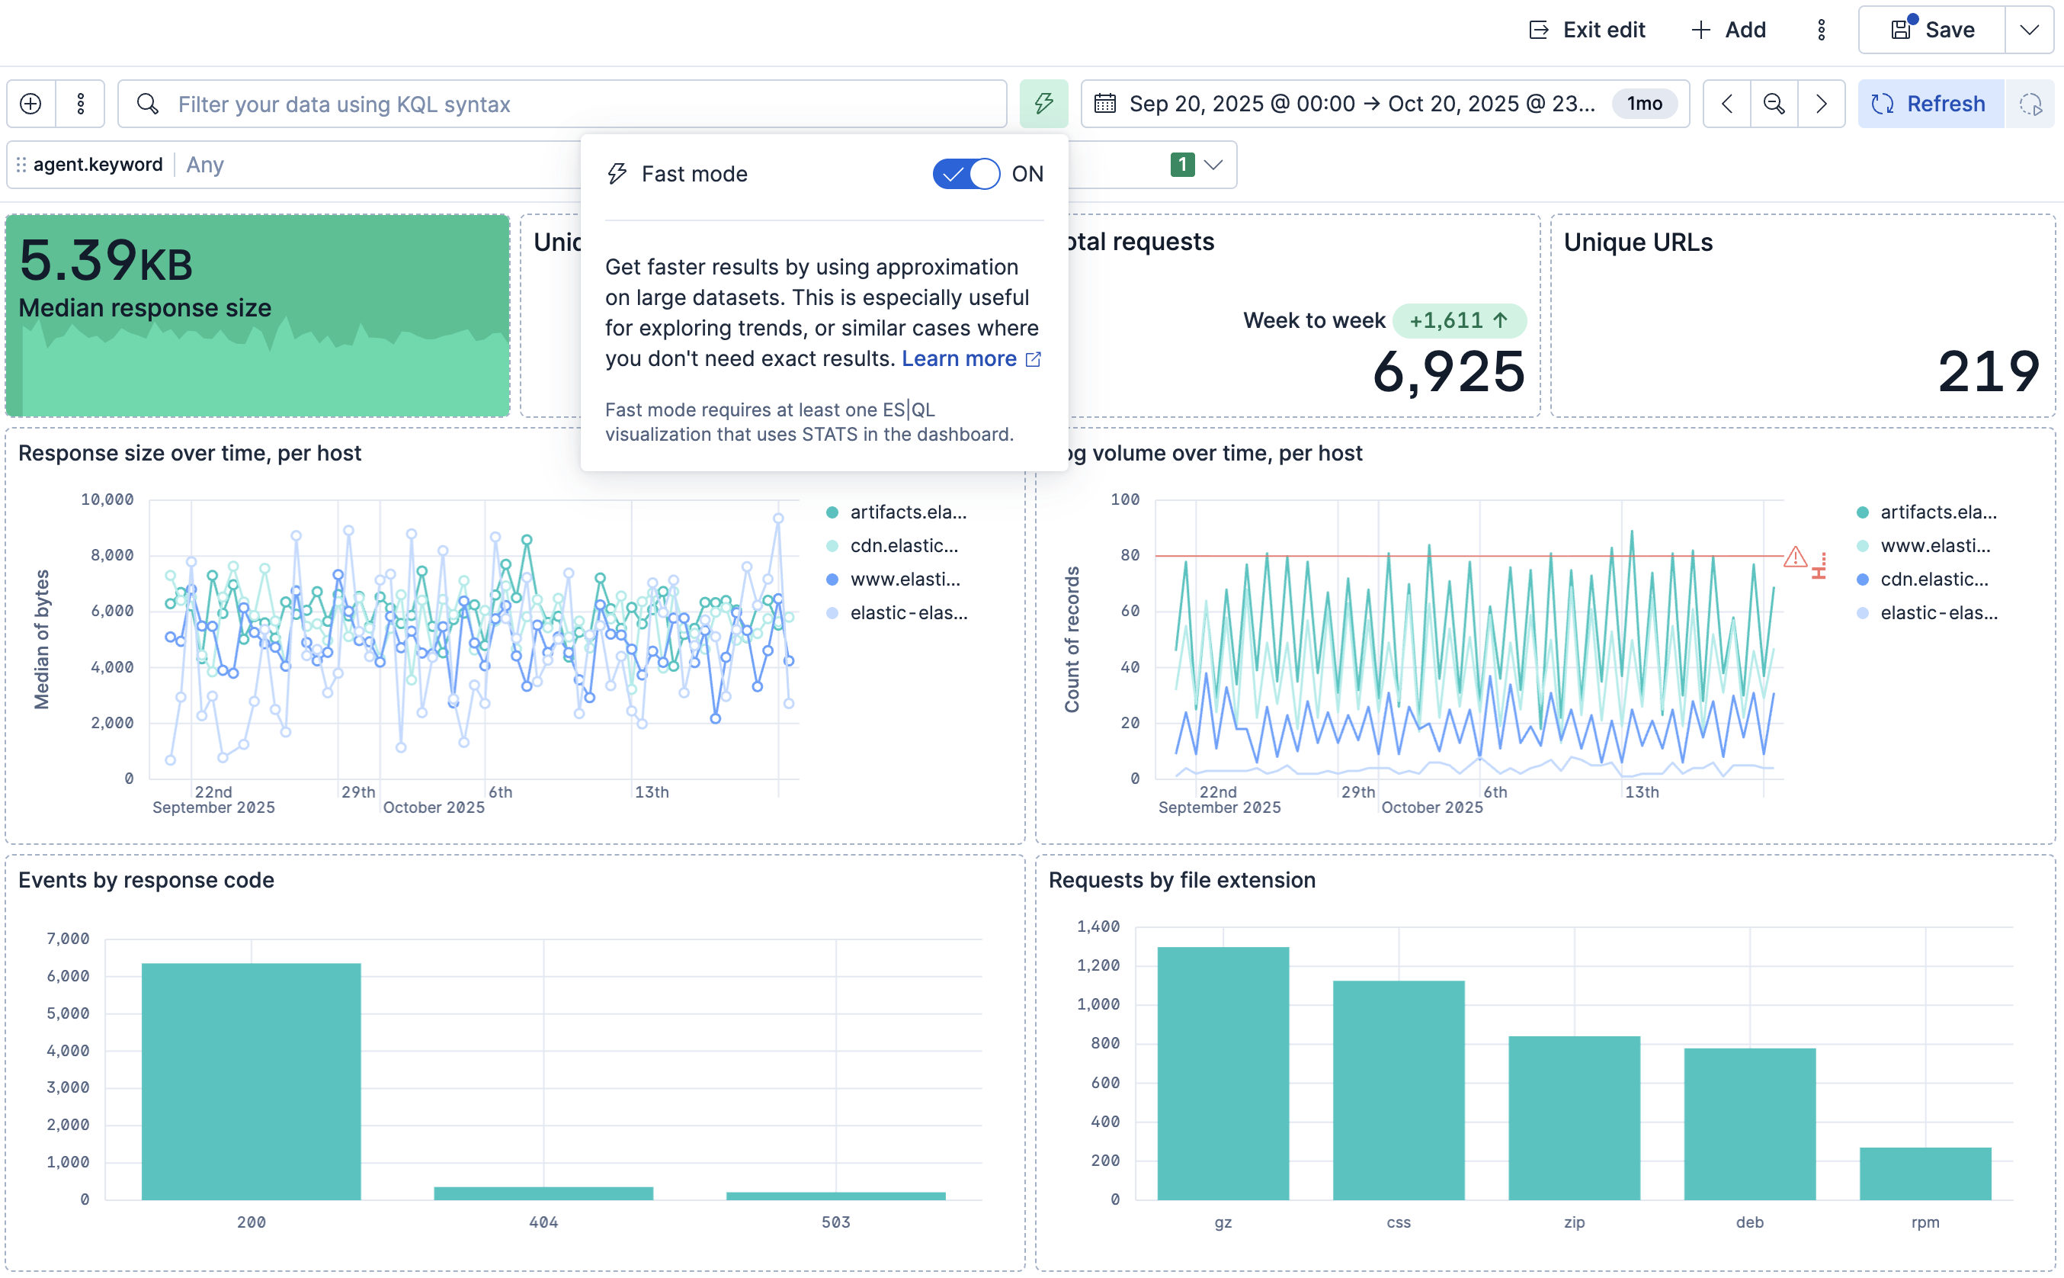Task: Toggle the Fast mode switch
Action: [966, 174]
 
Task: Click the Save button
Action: [1931, 31]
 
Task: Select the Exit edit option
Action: [1587, 31]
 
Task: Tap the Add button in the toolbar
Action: [1729, 31]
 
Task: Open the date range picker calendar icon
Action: [1105, 104]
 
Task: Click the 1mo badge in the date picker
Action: [1644, 104]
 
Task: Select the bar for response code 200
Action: [251, 1081]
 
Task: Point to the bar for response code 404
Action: [543, 1193]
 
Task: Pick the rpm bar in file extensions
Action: [1925, 1174]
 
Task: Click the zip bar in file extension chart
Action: [1574, 1118]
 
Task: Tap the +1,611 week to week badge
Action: [1459, 321]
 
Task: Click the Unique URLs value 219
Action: [1989, 372]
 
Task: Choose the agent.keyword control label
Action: [98, 164]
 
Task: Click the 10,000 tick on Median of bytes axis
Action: [107, 499]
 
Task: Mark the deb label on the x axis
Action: [1750, 1222]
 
